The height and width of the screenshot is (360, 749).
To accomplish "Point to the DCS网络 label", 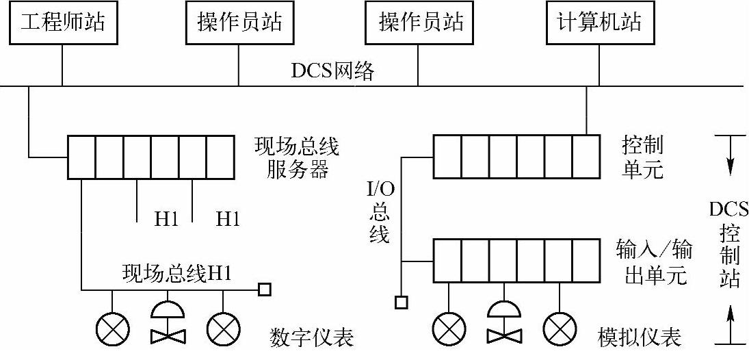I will [332, 71].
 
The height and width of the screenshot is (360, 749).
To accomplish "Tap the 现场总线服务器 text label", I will [296, 157].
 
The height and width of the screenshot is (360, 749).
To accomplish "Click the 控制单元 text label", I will [642, 157].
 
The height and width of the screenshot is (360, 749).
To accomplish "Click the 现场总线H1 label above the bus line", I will [177, 273].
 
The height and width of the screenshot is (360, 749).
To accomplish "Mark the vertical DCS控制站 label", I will [730, 244].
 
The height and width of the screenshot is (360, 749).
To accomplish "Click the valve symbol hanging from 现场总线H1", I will [166, 322].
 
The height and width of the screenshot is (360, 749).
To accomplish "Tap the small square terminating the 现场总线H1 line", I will [264, 290].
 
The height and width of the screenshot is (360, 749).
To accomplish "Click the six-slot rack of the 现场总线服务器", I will [150, 157].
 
